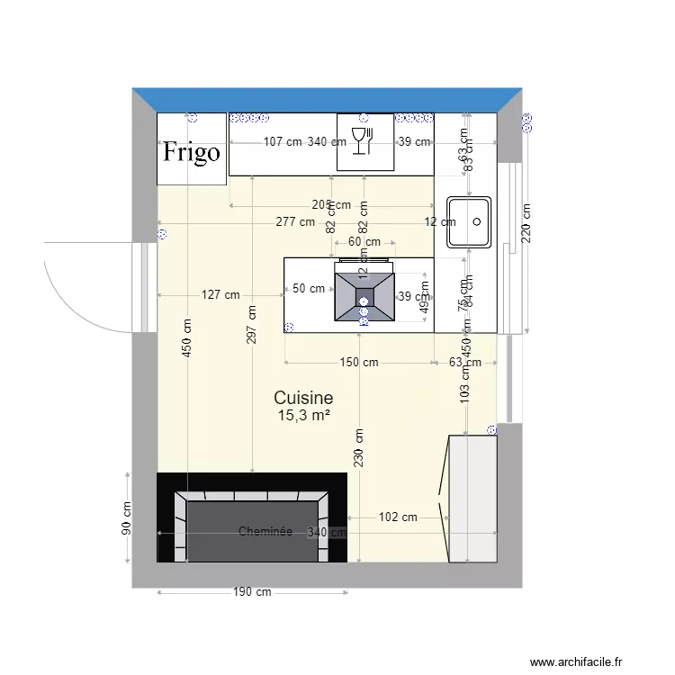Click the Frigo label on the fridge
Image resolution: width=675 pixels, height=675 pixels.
[x=191, y=152]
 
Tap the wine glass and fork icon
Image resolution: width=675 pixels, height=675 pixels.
[x=361, y=141]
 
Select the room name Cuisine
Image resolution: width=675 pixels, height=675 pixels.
[x=303, y=398]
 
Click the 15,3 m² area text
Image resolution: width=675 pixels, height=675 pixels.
[x=303, y=415]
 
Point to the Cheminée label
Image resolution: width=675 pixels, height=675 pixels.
[x=265, y=532]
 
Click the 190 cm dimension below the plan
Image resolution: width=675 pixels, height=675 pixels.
[x=252, y=593]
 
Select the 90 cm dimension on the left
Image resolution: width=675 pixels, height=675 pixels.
[x=126, y=519]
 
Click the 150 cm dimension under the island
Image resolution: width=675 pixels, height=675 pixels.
[x=358, y=363]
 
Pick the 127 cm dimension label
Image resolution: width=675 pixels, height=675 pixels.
[x=220, y=294]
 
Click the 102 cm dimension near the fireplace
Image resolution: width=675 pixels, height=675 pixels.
[x=398, y=517]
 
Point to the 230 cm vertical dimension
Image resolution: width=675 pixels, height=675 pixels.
[x=358, y=447]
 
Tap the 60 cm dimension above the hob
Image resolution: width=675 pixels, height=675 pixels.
[x=364, y=242]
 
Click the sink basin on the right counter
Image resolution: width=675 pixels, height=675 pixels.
[x=469, y=220]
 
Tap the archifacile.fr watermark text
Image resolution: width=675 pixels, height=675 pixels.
[x=576, y=662]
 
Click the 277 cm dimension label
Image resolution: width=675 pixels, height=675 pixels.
[x=295, y=221]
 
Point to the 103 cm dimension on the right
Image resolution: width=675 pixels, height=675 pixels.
[x=464, y=382]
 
